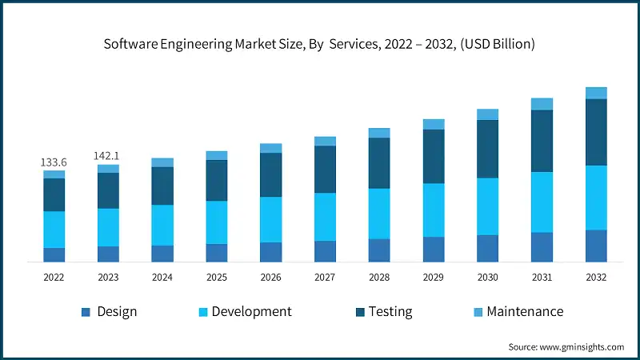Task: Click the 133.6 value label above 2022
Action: [x=54, y=162]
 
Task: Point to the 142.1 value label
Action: [x=108, y=157]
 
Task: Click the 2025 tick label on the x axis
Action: [x=217, y=278]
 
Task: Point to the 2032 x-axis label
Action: [x=596, y=278]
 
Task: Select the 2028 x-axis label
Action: [x=379, y=278]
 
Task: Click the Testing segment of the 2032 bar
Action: [x=596, y=132]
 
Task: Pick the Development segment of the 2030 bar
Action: [x=487, y=206]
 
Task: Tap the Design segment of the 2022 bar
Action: [x=54, y=254]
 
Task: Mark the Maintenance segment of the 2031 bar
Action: [x=542, y=104]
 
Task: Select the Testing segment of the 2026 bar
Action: [x=271, y=174]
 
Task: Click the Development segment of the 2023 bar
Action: [x=108, y=227]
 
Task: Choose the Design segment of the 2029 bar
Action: [x=434, y=249]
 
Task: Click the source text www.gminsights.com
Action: [x=581, y=346]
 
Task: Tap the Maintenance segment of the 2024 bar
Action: [x=162, y=162]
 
